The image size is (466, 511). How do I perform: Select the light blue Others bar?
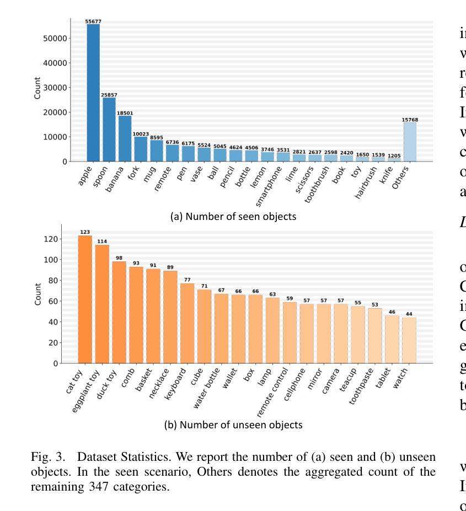tap(410, 142)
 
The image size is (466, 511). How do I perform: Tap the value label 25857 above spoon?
tap(109, 95)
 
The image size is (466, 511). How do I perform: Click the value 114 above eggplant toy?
tap(102, 241)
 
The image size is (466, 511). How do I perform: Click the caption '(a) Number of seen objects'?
tap(233, 217)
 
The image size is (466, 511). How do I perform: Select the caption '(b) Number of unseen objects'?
tap(233, 425)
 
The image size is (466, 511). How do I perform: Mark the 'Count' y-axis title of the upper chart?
tap(38, 88)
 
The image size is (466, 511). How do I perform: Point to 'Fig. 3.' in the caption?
tap(49, 457)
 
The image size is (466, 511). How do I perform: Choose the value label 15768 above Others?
tap(410, 120)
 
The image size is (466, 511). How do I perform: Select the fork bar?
tap(141, 149)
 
